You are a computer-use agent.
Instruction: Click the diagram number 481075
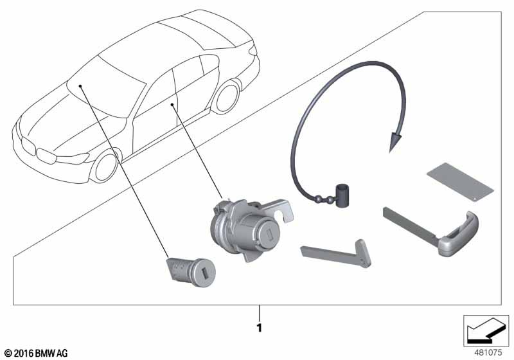[488, 352]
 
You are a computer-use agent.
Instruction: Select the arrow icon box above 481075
[483, 332]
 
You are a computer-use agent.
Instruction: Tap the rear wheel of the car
[226, 97]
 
